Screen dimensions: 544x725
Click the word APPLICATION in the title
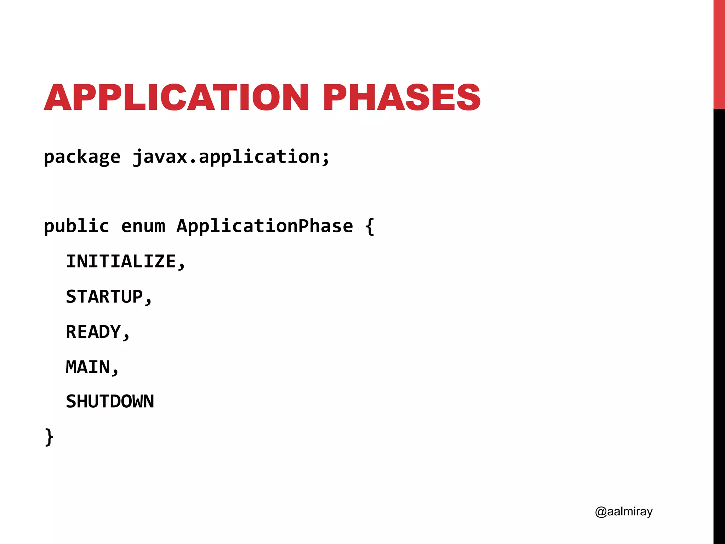click(x=176, y=97)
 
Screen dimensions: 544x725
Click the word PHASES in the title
click(x=401, y=97)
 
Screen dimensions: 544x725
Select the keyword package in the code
click(x=82, y=157)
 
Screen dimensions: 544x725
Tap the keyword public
click(x=76, y=226)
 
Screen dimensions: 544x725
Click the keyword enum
click(x=143, y=227)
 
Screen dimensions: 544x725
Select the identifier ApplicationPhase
click(x=265, y=226)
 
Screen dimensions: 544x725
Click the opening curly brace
click(x=370, y=227)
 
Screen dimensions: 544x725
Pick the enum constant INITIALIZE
click(x=121, y=261)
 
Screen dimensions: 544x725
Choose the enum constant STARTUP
click(x=104, y=296)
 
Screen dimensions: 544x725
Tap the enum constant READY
click(x=93, y=332)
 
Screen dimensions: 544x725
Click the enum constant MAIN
click(x=88, y=367)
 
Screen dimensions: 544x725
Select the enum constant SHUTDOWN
click(x=110, y=402)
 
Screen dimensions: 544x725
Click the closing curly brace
click(x=49, y=437)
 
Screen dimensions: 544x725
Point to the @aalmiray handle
click(x=624, y=512)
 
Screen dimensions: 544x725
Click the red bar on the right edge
click(x=719, y=53)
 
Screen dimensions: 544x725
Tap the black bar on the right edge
click(x=719, y=319)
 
